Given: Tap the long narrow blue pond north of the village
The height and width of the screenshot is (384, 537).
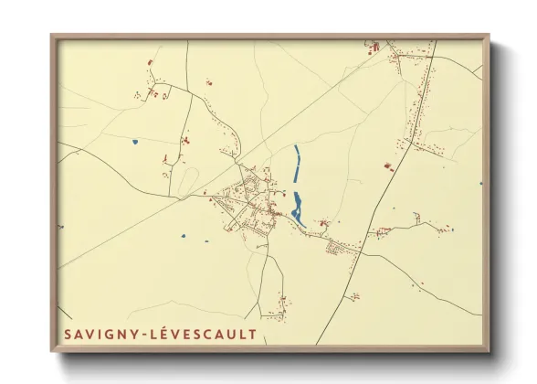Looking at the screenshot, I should pos(296,165).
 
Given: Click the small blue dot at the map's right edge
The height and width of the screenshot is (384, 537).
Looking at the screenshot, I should pos(480,183).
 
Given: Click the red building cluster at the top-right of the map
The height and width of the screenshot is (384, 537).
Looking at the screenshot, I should pos(374,45).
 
